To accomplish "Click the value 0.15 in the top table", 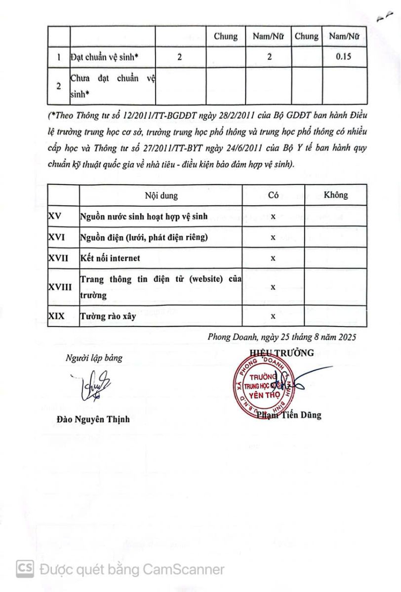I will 343,57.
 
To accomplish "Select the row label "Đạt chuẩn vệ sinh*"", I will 104,57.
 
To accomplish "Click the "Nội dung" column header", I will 161,195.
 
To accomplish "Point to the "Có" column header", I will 273,195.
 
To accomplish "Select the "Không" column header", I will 335,195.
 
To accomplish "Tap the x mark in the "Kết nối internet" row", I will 273,258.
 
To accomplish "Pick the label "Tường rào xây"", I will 108,316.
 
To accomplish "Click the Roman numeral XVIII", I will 60,287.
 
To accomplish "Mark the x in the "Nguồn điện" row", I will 273,237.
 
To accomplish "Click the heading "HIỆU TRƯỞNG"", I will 281,352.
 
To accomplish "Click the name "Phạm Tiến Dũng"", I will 289,415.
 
